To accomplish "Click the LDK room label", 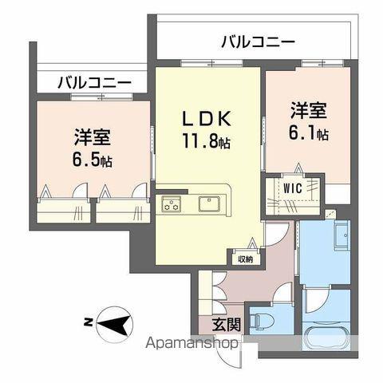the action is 207,119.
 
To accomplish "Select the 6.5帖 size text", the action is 93,159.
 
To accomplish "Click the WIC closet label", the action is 293,188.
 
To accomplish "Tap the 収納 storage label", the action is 245,259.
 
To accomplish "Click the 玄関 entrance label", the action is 227,324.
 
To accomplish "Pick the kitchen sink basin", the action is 209,203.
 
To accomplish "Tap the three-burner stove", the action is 172,204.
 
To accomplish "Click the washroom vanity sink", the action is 342,236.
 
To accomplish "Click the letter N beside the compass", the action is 88,323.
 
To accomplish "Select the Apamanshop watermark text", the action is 191,343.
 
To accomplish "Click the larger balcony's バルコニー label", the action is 259,42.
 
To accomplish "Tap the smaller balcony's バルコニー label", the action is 94,83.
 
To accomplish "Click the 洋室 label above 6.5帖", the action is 93,137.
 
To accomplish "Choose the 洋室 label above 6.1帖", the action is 309,110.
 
